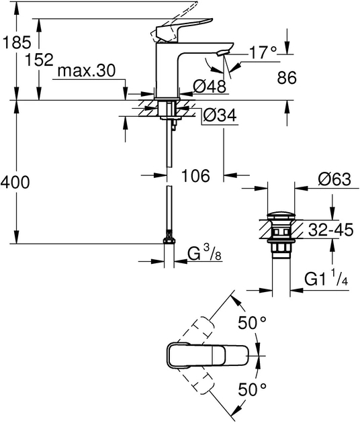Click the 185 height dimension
click(x=17, y=42)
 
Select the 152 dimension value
click(x=40, y=60)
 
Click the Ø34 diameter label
click(x=219, y=115)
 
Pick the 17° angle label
click(x=263, y=52)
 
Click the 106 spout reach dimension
click(x=196, y=176)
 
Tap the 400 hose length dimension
click(x=15, y=182)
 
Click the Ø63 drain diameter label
click(x=334, y=179)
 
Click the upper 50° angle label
click(x=253, y=323)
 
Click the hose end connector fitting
click(x=170, y=240)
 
